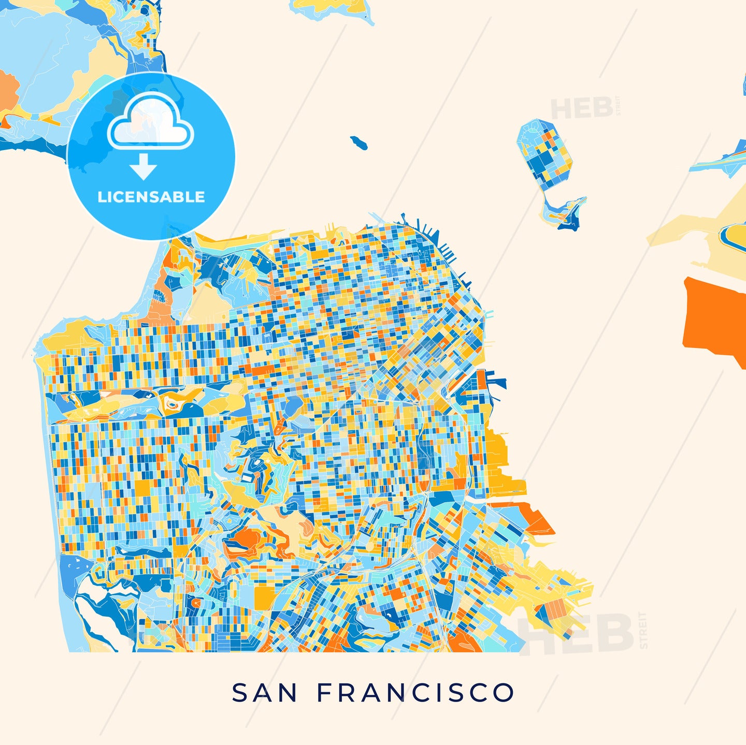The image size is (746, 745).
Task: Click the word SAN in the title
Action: [264, 693]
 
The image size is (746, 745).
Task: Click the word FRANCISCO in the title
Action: [415, 693]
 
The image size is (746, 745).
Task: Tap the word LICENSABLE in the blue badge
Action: [151, 197]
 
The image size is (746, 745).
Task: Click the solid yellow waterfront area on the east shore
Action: [500, 456]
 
